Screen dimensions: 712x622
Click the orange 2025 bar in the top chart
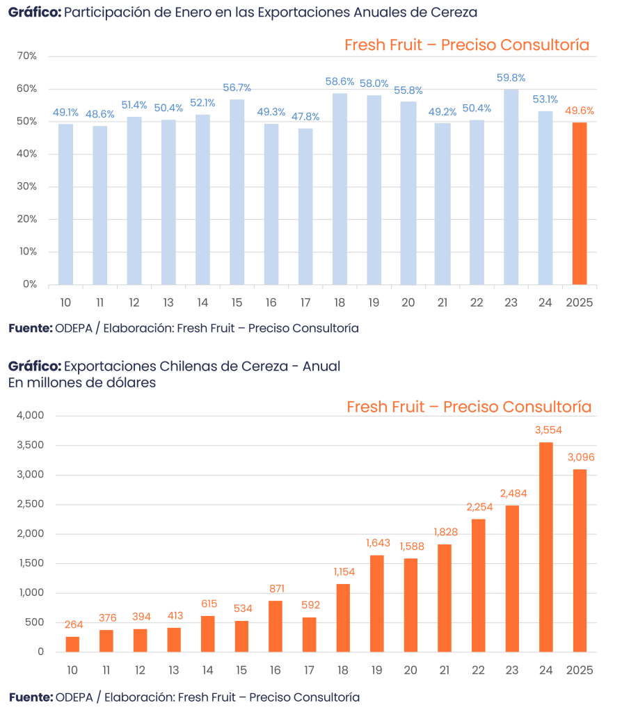pos(580,203)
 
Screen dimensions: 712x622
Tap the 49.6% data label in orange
pos(580,111)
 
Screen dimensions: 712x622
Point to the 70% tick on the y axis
pos(29,56)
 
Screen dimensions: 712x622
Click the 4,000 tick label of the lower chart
pos(30,416)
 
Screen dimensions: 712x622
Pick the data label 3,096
pos(580,458)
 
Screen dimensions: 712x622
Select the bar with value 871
pos(276,626)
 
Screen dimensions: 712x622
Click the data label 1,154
pos(342,572)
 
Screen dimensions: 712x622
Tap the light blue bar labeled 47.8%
pos(305,206)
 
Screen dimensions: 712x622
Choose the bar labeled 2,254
pos(478,585)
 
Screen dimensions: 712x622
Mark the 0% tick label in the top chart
pos(31,284)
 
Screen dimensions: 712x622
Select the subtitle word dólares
pos(131,382)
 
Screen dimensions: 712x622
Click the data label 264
pos(72,624)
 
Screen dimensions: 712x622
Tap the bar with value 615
pos(208,633)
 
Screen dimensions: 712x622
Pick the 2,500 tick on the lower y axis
pos(30,504)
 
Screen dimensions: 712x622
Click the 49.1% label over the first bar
pos(65,111)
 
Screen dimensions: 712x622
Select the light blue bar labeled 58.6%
pos(340,188)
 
